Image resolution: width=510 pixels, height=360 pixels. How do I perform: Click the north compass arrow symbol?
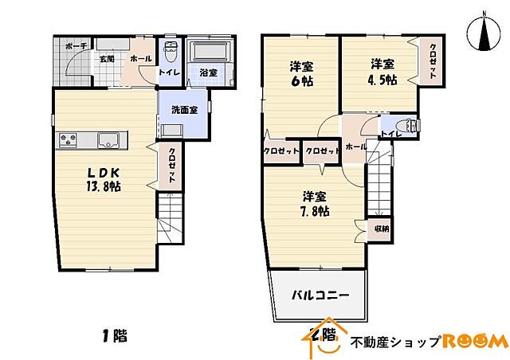click(484, 33)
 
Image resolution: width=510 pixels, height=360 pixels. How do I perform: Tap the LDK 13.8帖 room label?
click(104, 179)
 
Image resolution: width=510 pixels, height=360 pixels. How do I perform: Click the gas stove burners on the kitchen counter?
click(67, 141)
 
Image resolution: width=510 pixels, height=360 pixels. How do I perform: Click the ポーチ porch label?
click(76, 46)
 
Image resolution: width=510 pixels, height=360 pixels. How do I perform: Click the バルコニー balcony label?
click(320, 295)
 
